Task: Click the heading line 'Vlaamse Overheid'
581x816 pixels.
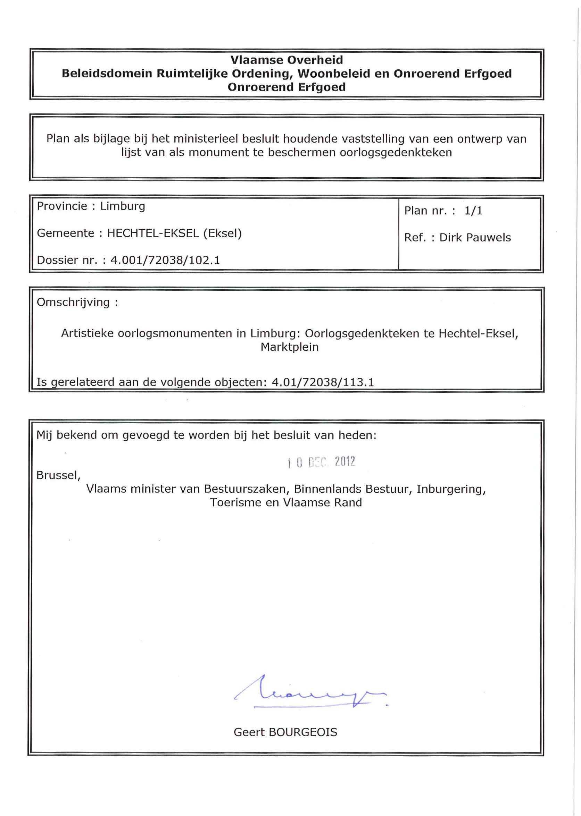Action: point(287,60)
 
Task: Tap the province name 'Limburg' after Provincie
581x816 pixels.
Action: point(123,206)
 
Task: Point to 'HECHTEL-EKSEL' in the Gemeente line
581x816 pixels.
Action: point(153,233)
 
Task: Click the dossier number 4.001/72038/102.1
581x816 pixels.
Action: point(165,260)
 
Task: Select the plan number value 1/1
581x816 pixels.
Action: point(473,211)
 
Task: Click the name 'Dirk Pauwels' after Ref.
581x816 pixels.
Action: point(475,238)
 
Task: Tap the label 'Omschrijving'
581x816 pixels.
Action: point(73,303)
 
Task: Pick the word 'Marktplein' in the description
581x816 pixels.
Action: point(289,347)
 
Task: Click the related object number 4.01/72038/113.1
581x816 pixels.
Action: point(323,382)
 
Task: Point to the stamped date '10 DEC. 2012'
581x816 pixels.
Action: point(321,462)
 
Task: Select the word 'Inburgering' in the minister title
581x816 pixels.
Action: point(451,489)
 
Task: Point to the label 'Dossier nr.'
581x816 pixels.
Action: point(67,260)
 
